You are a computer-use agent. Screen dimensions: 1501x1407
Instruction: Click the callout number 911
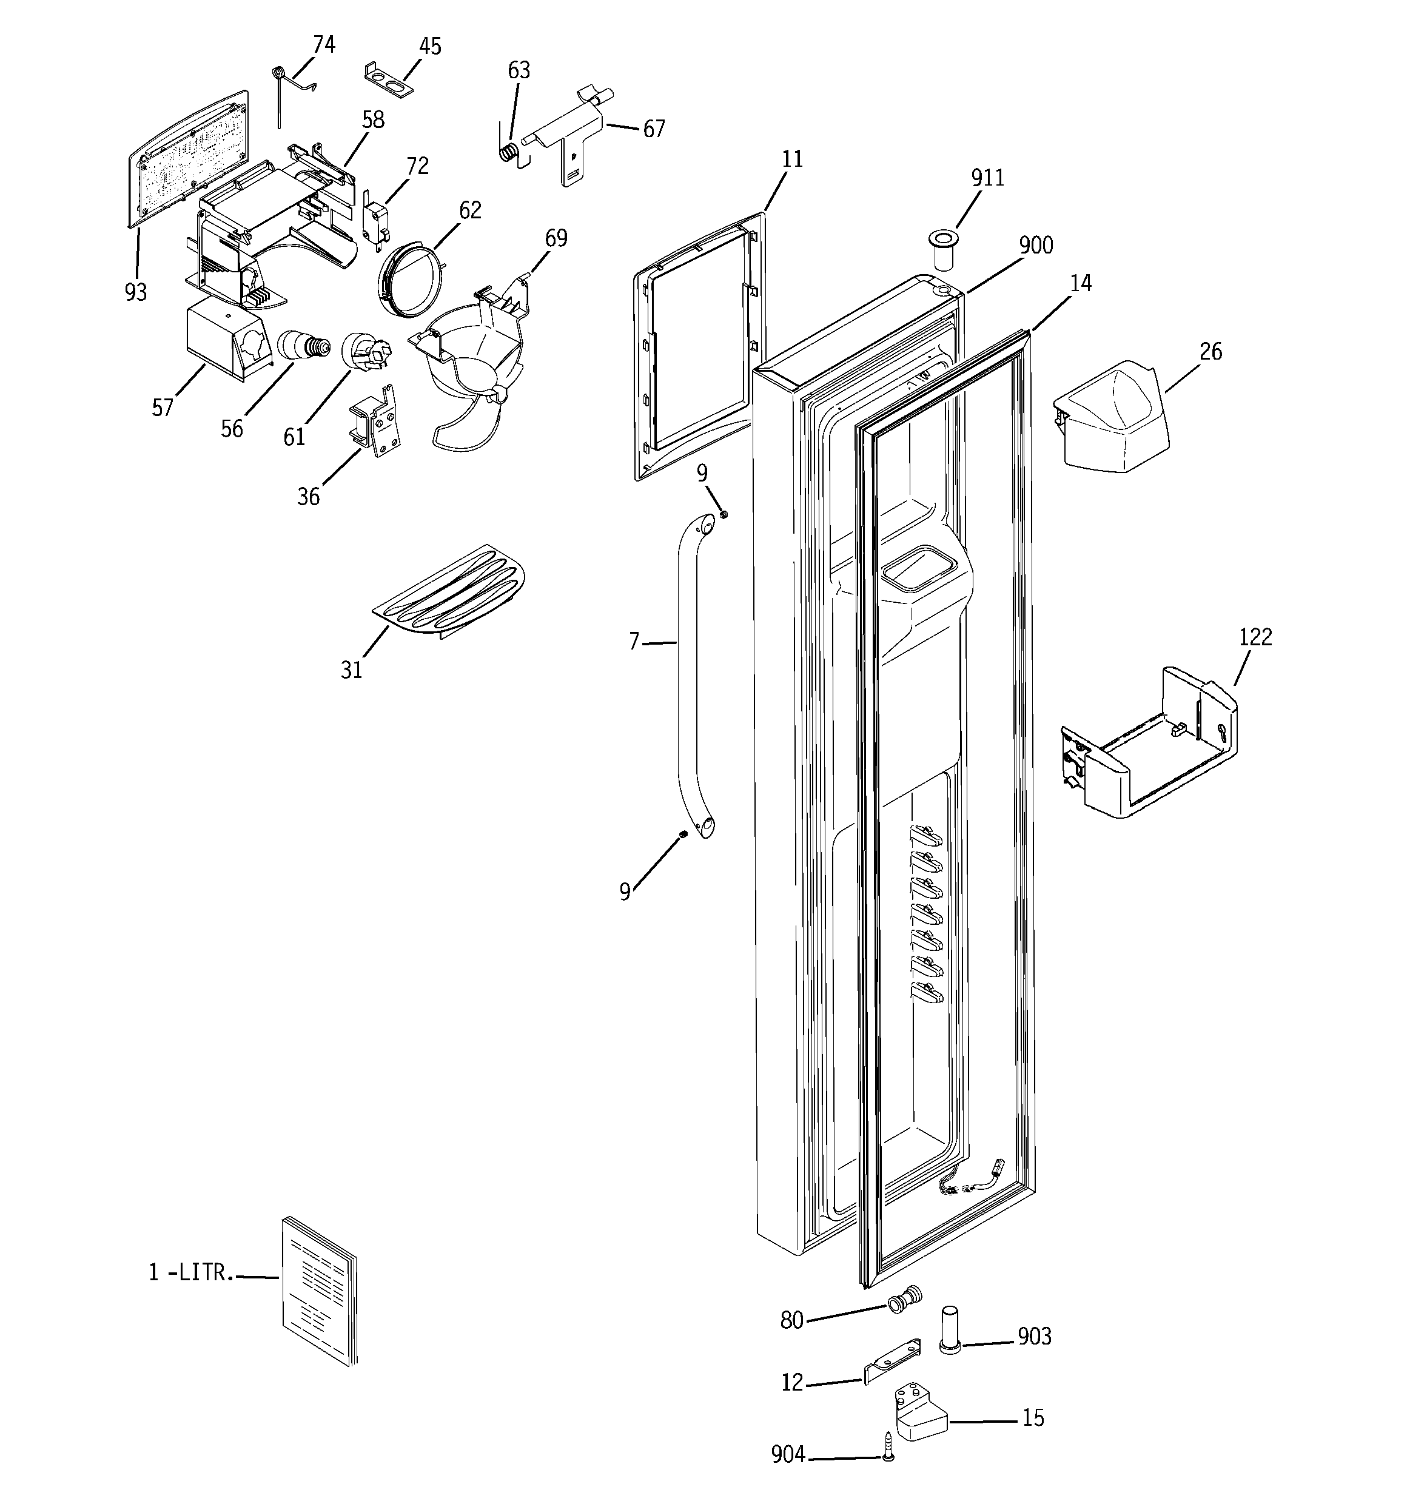pos(987,178)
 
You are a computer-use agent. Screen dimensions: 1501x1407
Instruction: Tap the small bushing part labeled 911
pos(942,252)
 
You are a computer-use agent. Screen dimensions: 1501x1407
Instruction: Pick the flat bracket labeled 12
pos(893,1362)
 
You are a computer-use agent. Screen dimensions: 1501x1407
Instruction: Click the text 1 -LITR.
pos(191,1272)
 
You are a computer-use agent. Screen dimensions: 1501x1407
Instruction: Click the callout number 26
pos(1210,352)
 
